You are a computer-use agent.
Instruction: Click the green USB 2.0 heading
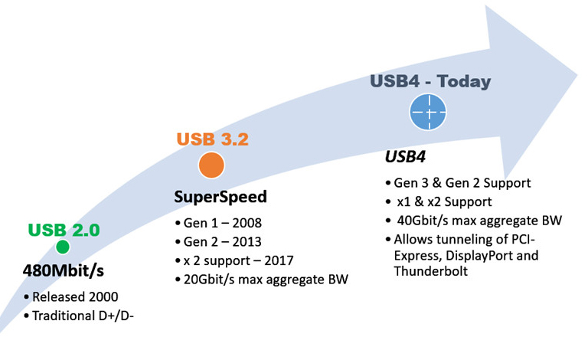tap(64, 230)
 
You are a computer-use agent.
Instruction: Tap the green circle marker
tap(63, 247)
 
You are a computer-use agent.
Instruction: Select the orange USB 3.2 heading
tap(212, 139)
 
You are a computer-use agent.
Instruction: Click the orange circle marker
tap(211, 165)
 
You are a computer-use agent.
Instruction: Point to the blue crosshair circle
tap(428, 112)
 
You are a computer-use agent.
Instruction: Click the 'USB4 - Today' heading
tap(430, 81)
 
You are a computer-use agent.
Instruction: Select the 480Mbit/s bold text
tap(63, 270)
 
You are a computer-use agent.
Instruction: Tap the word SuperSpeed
tap(220, 197)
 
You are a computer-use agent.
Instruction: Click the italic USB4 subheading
tap(405, 156)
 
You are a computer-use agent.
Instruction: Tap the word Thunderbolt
tap(431, 271)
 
